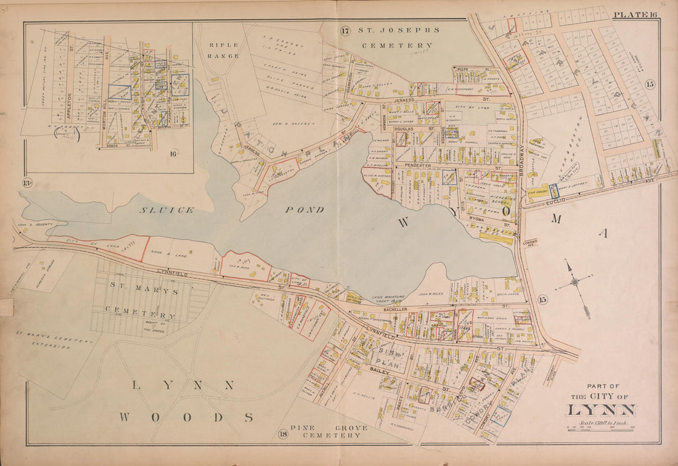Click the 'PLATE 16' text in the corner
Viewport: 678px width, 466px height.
(x=634, y=15)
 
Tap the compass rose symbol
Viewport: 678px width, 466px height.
(x=574, y=281)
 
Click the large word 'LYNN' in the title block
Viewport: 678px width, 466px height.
(x=602, y=410)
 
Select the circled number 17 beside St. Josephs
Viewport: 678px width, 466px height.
(x=345, y=30)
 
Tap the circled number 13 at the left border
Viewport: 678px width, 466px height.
(x=27, y=183)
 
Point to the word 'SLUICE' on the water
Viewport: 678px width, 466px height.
(x=167, y=210)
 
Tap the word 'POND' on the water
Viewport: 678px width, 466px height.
(x=304, y=210)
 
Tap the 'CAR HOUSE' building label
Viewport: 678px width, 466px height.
(x=537, y=192)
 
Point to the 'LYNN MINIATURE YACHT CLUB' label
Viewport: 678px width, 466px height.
(x=392, y=300)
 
